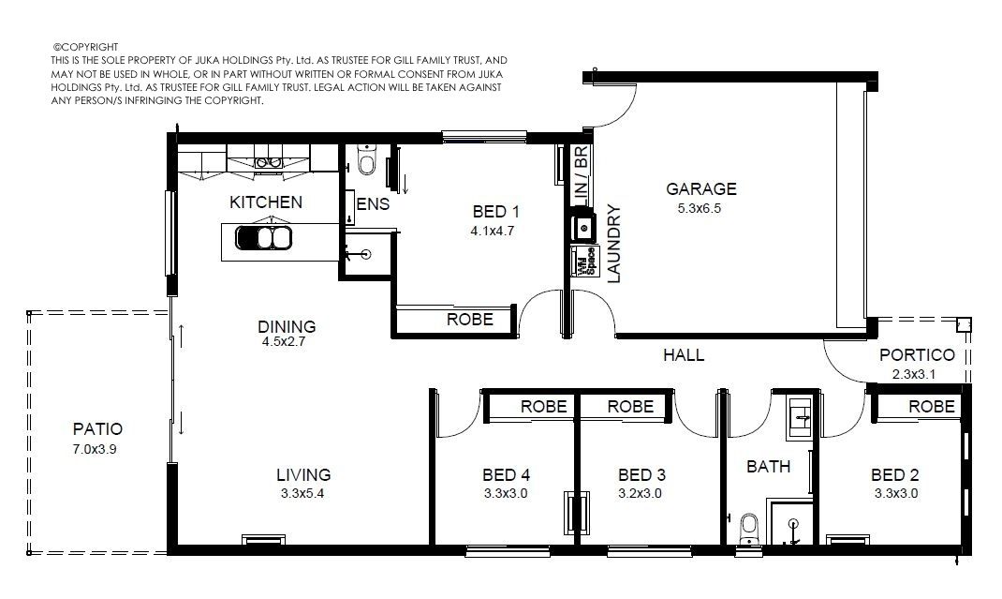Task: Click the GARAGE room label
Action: (x=701, y=188)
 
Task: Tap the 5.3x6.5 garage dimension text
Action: (x=700, y=208)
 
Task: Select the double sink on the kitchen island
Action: (x=263, y=238)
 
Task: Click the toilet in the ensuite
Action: (x=367, y=159)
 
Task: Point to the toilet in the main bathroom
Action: (x=748, y=530)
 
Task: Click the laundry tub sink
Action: (x=583, y=227)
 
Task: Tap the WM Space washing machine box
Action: (x=584, y=262)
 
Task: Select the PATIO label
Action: (x=97, y=428)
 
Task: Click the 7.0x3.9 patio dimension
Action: (x=95, y=449)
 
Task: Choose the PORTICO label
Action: (x=917, y=354)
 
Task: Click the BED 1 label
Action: (x=496, y=211)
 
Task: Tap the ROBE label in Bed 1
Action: (x=470, y=320)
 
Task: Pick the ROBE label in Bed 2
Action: (x=932, y=407)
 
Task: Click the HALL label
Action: (x=684, y=354)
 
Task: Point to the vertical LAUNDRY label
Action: (x=613, y=243)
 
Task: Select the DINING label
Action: (x=287, y=326)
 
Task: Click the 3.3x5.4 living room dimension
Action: (x=302, y=493)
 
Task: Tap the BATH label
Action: (x=769, y=467)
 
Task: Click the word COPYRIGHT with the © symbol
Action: (x=85, y=47)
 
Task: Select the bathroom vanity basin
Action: (x=800, y=418)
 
